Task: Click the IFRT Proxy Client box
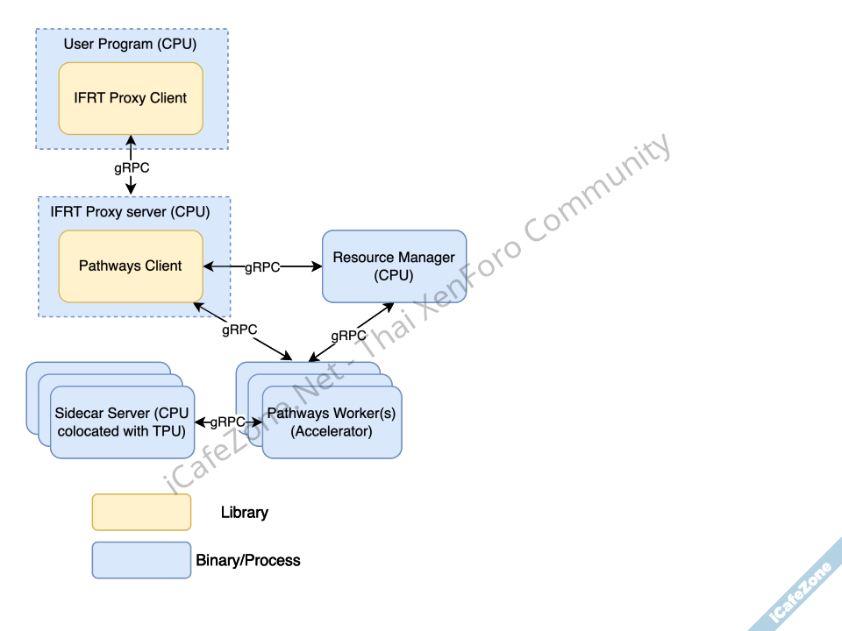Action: (x=131, y=98)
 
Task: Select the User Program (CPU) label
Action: (x=130, y=44)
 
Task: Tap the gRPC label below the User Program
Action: (x=132, y=168)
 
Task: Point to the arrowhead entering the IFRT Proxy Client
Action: (x=132, y=139)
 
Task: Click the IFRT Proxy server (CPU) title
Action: (x=130, y=212)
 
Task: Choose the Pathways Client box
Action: (x=131, y=266)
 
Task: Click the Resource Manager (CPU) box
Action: (x=394, y=266)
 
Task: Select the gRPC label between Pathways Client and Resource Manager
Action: (x=261, y=267)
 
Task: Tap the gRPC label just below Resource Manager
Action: (x=348, y=336)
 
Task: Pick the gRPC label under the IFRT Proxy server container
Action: (x=239, y=330)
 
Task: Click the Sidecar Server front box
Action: (x=122, y=422)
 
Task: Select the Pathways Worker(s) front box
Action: (x=332, y=422)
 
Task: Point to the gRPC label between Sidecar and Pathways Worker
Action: (x=227, y=422)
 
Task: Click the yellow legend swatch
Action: (x=141, y=512)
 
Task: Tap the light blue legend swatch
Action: (x=141, y=560)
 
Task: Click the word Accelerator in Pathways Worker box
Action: (x=332, y=431)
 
